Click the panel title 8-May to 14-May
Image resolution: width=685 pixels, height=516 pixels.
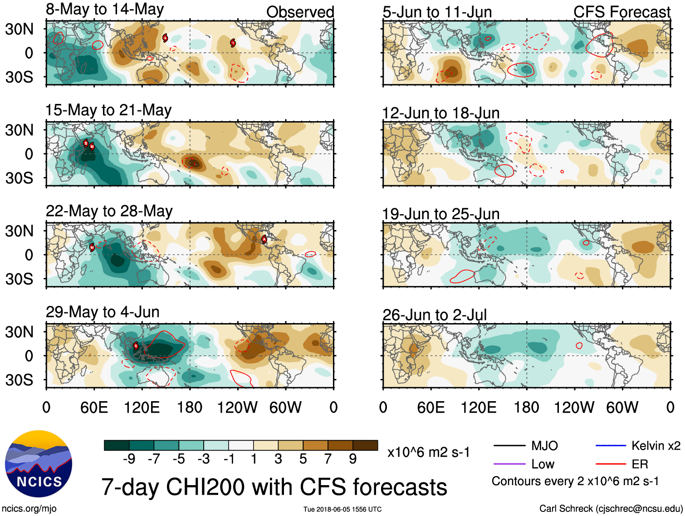click(105, 10)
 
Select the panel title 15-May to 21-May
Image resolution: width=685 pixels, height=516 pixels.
click(108, 110)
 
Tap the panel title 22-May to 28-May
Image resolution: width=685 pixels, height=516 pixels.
click(109, 211)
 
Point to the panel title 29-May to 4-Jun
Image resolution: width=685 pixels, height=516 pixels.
click(103, 312)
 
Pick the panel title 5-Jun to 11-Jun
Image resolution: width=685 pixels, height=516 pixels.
click(437, 12)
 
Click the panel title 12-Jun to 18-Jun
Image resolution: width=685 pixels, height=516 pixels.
click(440, 113)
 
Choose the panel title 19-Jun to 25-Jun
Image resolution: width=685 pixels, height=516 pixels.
click(440, 214)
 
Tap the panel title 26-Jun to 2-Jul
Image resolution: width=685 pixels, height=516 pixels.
click(434, 315)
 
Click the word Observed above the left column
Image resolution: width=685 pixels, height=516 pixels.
click(300, 12)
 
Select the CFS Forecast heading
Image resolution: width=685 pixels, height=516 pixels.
click(621, 12)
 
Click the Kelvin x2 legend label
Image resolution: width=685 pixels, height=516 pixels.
click(656, 446)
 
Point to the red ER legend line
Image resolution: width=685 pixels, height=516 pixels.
click(610, 464)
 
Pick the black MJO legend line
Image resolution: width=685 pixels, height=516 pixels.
click(509, 446)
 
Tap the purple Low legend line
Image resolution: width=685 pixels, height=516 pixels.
click(509, 464)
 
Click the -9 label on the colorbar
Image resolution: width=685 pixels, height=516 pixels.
click(129, 459)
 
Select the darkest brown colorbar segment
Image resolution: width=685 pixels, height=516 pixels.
click(365, 445)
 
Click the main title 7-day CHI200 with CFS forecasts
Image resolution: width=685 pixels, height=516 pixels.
click(274, 487)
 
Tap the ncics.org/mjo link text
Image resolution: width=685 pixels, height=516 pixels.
click(29, 509)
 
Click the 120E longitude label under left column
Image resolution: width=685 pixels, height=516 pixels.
click(142, 408)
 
